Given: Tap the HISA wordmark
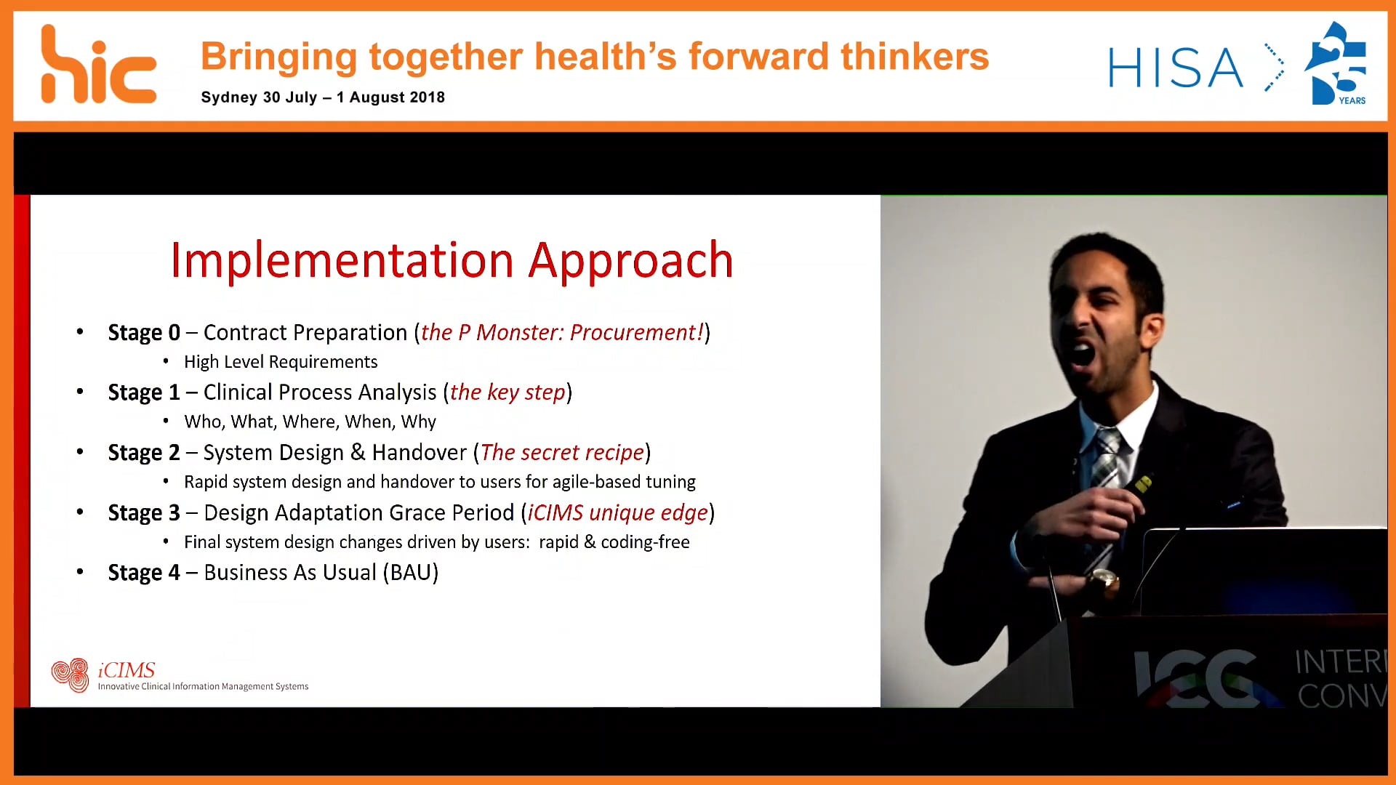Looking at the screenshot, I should tap(1176, 68).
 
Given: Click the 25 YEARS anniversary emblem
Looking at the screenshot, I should tap(1336, 64).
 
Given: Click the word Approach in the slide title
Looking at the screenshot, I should tap(630, 260).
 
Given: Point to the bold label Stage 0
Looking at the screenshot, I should tap(144, 332).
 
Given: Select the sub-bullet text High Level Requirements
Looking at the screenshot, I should tap(281, 362).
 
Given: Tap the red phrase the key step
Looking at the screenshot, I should tap(508, 392).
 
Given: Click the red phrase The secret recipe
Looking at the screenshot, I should tap(562, 452).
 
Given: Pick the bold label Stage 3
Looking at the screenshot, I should tap(144, 512).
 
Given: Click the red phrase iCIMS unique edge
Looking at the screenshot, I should tap(617, 512).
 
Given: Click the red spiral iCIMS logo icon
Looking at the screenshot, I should tap(70, 675).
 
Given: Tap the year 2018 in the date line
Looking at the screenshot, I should tap(426, 97).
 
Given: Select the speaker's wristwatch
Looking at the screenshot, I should tap(1104, 579).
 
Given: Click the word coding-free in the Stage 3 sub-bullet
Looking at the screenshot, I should tap(645, 542).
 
